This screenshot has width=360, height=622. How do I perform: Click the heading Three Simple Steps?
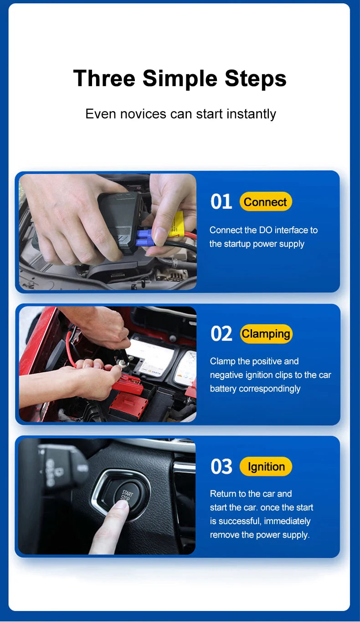point(180,78)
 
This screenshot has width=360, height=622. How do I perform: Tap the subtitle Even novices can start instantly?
point(180,114)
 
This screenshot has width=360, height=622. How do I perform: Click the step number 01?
point(221,202)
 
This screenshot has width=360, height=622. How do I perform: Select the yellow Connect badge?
point(265,202)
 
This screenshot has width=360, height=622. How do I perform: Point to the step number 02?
point(221,334)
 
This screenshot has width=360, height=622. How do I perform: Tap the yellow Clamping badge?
point(266,334)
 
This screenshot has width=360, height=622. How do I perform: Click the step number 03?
point(221,467)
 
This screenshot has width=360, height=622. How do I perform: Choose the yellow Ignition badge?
point(266,467)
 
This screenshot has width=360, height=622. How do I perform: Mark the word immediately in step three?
point(287,521)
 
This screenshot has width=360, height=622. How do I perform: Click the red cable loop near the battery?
point(70,348)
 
